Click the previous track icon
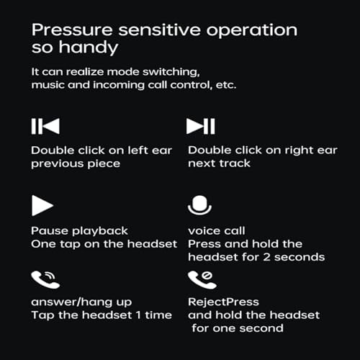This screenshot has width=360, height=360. (x=45, y=126)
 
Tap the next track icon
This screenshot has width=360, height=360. (x=201, y=126)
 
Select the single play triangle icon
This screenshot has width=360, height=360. (x=42, y=205)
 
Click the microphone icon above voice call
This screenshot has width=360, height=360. (x=199, y=205)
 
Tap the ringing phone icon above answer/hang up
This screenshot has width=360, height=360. (x=45, y=279)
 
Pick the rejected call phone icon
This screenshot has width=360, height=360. (x=202, y=279)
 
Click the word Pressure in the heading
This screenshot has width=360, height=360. (x=72, y=30)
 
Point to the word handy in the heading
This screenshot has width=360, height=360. (x=89, y=48)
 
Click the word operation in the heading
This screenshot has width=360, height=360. (x=252, y=31)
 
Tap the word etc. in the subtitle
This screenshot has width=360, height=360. (x=226, y=85)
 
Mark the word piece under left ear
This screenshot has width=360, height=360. (x=104, y=164)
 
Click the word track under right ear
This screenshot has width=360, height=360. (x=235, y=163)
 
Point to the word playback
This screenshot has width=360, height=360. (x=100, y=231)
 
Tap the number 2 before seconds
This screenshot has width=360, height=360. (x=266, y=257)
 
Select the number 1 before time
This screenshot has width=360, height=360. (x=138, y=315)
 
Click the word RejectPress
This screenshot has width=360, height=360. (x=223, y=302)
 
